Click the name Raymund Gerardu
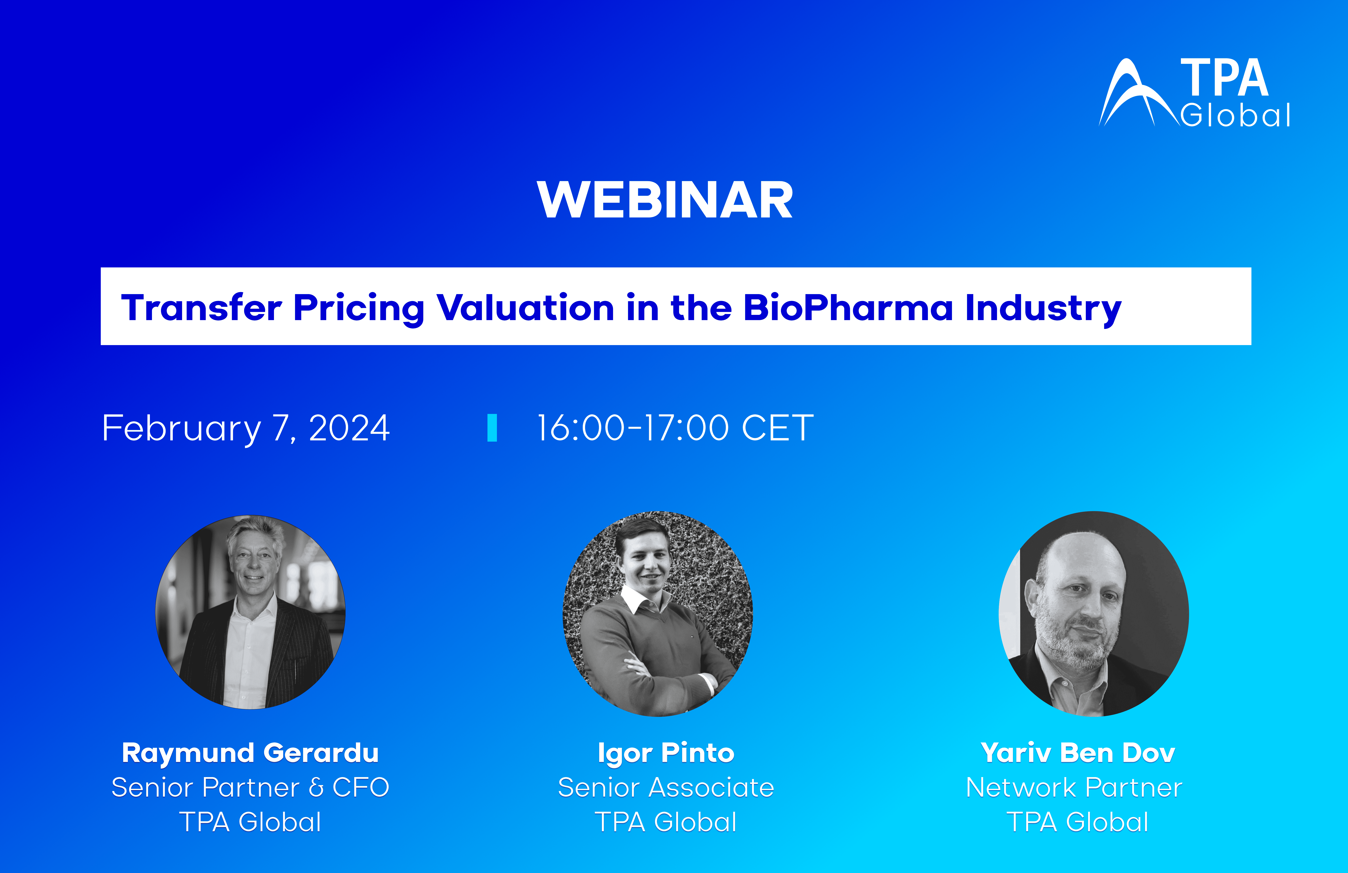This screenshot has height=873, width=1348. click(250, 753)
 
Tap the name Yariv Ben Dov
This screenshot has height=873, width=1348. click(1078, 753)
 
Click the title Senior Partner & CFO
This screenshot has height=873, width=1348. click(250, 788)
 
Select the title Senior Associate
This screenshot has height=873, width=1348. click(666, 788)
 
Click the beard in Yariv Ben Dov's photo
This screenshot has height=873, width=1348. click(1073, 643)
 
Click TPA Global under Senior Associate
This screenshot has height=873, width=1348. click(666, 822)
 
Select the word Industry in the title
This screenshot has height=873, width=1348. click(1043, 309)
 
